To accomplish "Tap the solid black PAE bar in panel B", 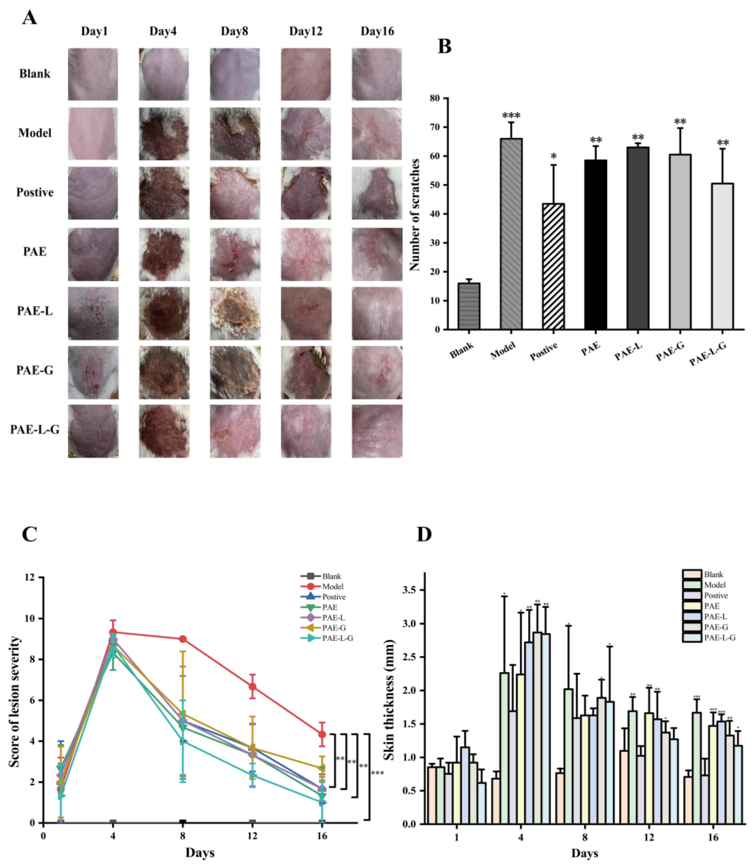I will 595,244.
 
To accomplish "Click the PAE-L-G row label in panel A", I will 35,429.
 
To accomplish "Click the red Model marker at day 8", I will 182,639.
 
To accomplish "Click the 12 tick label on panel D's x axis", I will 649,837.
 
